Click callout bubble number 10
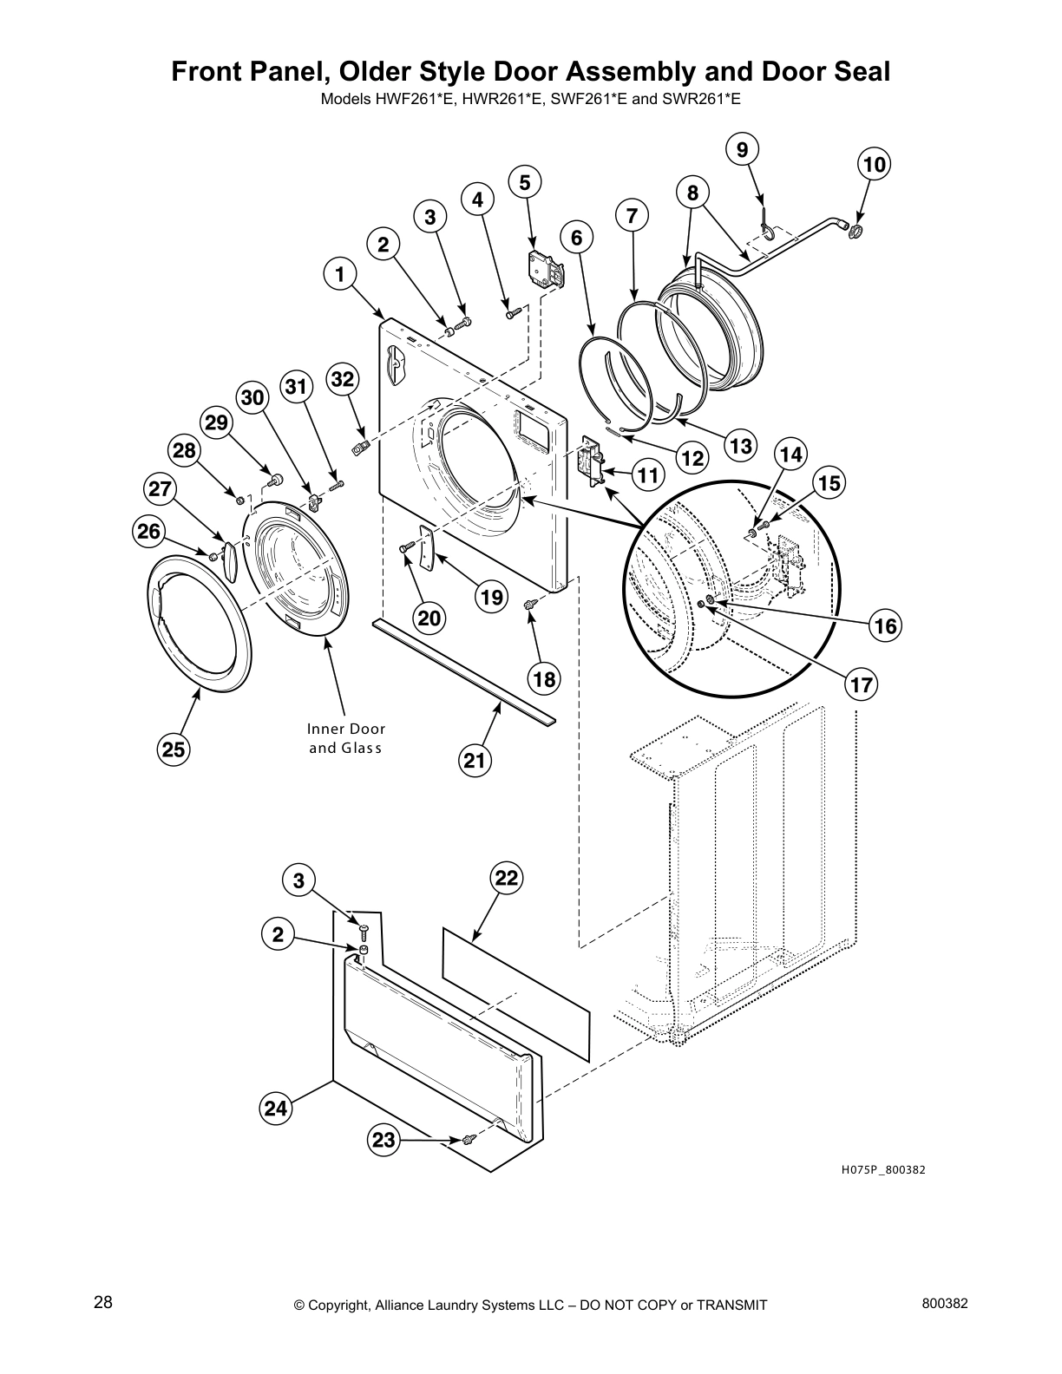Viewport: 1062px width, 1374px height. [875, 165]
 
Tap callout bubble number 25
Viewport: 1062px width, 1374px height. [174, 749]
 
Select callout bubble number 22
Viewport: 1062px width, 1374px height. [507, 878]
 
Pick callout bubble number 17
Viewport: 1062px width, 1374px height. [861, 684]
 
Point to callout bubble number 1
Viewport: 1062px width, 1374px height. [340, 275]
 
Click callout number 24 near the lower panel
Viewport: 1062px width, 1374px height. [276, 1108]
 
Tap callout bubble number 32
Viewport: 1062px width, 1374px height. [343, 379]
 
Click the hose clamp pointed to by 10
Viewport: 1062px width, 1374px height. [855, 231]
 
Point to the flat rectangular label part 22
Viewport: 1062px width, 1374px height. [516, 972]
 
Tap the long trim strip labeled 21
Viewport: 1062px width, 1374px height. [464, 671]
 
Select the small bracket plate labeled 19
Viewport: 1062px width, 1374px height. [425, 546]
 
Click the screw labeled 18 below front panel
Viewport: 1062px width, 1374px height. [530, 604]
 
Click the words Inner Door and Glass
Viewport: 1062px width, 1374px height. [346, 738]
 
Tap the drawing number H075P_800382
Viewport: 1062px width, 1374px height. [883, 1170]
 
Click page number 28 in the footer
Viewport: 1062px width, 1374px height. [102, 1303]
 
